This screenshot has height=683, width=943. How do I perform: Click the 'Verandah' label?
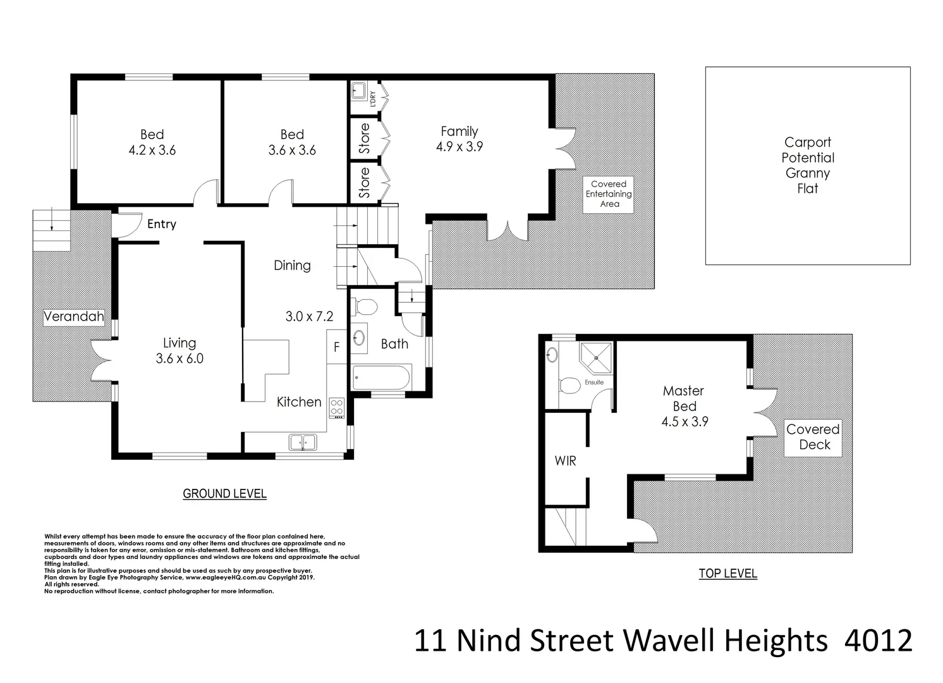tap(73, 316)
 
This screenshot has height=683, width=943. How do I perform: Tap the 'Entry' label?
tap(161, 224)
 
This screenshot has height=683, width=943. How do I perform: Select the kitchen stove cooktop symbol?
tap(336, 408)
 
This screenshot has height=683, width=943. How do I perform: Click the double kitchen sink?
tap(302, 442)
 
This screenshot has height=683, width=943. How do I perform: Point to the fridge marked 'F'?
tap(336, 347)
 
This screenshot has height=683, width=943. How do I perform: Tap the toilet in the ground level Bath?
tap(365, 307)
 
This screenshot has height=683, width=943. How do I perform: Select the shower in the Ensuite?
tap(596, 359)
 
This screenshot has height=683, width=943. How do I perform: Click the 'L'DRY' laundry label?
tap(373, 99)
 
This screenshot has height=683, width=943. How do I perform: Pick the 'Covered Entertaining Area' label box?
tap(608, 194)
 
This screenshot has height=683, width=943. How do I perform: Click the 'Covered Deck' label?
tap(813, 437)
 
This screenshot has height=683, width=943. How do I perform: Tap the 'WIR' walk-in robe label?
tap(565, 461)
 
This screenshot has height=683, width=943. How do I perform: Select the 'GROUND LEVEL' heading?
tap(224, 494)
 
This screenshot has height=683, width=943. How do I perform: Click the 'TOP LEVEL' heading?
tap(727, 574)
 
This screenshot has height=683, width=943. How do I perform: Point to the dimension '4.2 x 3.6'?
tap(152, 151)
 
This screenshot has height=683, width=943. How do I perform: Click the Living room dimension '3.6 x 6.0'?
tap(179, 359)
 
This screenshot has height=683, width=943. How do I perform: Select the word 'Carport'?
tap(807, 142)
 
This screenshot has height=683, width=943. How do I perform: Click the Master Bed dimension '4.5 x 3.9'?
tap(684, 422)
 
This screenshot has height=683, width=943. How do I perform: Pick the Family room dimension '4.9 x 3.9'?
tap(459, 147)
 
